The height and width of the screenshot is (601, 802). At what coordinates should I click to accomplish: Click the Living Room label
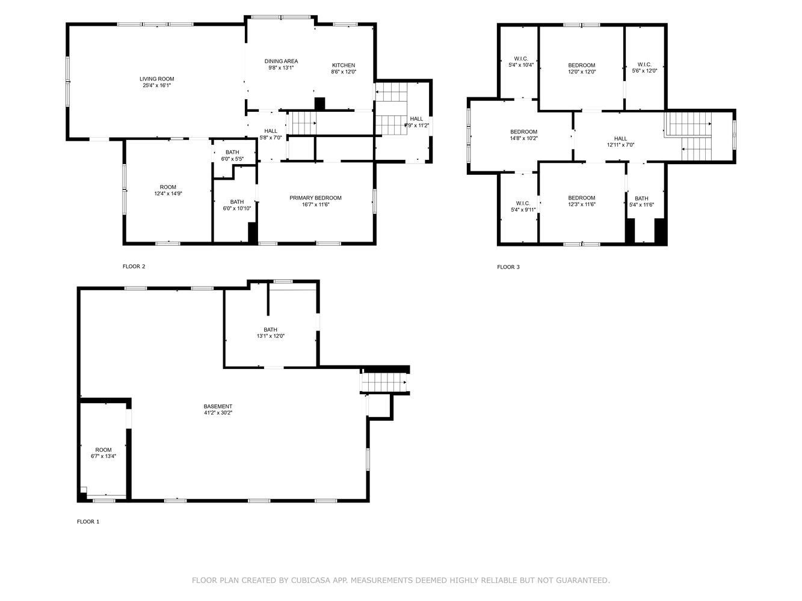156,79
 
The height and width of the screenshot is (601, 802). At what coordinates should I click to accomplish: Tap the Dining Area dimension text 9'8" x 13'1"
281,68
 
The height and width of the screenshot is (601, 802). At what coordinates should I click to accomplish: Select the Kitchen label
343,66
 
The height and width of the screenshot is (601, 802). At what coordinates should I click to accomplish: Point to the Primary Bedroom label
315,198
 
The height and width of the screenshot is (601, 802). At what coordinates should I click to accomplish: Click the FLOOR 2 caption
134,266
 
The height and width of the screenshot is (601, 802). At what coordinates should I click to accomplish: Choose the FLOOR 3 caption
508,267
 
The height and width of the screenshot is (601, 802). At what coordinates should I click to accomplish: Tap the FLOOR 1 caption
88,522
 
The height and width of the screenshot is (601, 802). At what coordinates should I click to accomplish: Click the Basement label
218,406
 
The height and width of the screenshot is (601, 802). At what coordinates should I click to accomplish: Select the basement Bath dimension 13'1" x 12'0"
270,336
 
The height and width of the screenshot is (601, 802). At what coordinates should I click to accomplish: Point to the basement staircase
384,383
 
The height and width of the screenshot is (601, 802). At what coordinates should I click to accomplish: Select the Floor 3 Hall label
620,139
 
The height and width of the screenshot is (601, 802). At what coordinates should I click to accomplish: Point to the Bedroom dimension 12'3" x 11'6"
582,204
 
